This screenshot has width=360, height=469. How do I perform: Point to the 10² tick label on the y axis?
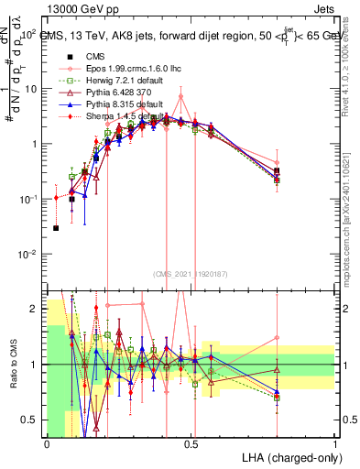27,35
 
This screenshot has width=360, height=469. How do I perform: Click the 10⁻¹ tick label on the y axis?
27,200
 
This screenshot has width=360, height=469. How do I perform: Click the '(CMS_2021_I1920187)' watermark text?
191,273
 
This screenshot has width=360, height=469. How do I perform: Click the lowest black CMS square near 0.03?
56,228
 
